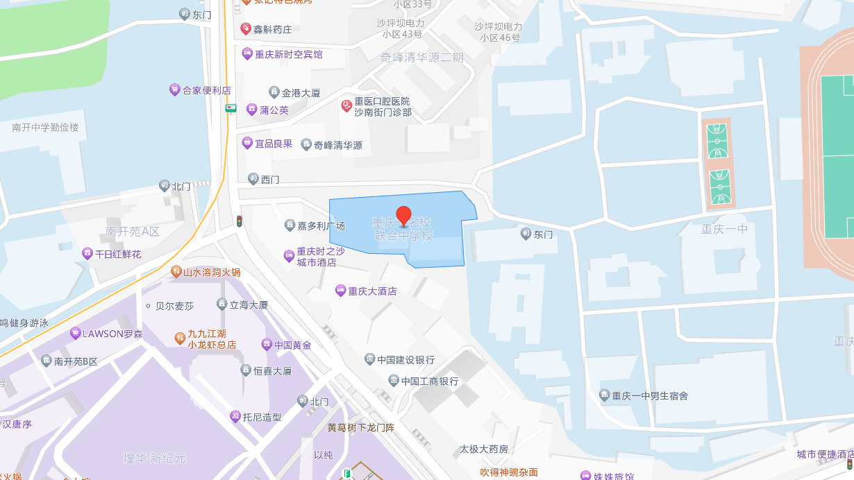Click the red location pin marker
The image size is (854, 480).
[x=403, y=216]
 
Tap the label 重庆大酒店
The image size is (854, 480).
[x=372, y=291]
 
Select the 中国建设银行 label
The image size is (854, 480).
[x=405, y=359]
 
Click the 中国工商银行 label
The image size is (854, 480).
[x=429, y=382]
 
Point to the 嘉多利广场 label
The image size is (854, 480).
[x=321, y=225]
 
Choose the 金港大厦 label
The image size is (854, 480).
[x=301, y=92]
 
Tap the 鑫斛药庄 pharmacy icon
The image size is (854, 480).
[x=245, y=29]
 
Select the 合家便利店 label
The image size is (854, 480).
[x=206, y=90]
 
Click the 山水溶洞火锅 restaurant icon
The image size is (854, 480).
[x=176, y=272]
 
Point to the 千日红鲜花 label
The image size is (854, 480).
[x=117, y=254]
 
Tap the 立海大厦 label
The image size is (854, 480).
[x=249, y=305]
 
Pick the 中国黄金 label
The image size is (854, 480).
[x=292, y=345]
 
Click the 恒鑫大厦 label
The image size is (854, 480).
[x=272, y=371]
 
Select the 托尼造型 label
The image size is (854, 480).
[x=262, y=417]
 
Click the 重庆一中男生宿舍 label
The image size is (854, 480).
[x=650, y=395]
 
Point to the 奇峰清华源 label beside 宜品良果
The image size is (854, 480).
[x=337, y=146]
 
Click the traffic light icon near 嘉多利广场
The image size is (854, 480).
[x=239, y=221]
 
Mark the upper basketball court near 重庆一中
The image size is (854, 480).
[x=717, y=142]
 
